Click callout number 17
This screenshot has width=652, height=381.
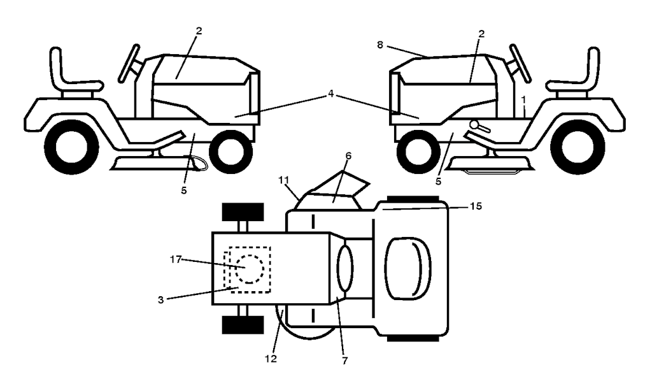(x=176, y=259)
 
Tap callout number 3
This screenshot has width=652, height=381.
(x=161, y=299)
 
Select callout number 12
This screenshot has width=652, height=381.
(x=271, y=358)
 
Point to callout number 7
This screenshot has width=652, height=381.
(x=344, y=361)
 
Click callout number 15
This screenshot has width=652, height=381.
(x=476, y=206)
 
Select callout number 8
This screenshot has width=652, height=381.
(x=380, y=45)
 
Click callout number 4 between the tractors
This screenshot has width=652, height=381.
(x=330, y=94)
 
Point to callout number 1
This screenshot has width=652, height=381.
(x=523, y=100)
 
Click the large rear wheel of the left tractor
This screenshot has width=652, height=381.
(x=71, y=147)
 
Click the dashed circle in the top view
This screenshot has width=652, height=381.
(x=250, y=270)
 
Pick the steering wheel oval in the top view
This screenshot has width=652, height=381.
(x=344, y=268)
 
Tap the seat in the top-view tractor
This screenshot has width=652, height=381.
(x=408, y=268)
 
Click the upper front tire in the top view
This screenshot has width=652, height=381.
(x=243, y=212)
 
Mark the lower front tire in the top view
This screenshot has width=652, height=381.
(x=243, y=324)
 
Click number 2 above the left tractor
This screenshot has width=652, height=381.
(x=199, y=31)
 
